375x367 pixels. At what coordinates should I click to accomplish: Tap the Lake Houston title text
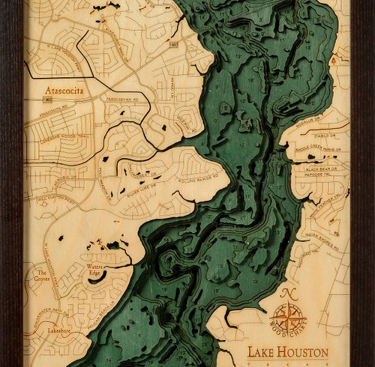pos(288,352)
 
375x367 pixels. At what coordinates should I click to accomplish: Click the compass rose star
pos(289,315)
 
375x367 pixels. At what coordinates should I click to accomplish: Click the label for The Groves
pos(46,276)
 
